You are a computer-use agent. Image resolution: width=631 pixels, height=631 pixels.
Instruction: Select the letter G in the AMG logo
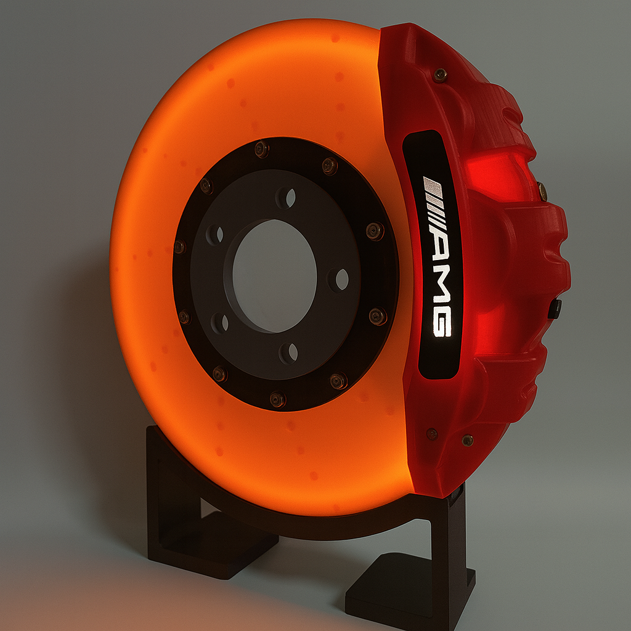click(442, 322)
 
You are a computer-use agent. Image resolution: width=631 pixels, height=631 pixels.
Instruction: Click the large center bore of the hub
click(274, 275)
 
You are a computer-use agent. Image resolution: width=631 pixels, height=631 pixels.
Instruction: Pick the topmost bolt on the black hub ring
click(262, 149)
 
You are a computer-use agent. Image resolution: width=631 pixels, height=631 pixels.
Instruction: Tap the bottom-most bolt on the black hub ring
click(278, 400)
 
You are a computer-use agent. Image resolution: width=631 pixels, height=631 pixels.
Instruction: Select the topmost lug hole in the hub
click(286, 198)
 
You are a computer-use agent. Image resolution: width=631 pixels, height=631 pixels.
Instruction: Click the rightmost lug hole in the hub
click(338, 279)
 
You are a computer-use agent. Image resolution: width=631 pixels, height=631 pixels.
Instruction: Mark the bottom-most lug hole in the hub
click(288, 352)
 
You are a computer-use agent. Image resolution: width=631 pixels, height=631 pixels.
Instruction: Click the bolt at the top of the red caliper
click(440, 75)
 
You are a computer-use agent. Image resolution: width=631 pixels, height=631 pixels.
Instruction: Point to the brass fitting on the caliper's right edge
click(542, 191)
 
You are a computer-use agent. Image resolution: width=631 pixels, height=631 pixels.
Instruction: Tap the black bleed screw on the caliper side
click(555, 308)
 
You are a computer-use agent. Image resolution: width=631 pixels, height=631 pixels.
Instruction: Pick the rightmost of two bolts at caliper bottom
click(468, 440)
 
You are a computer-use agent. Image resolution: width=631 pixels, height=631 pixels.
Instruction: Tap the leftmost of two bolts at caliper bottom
click(433, 433)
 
